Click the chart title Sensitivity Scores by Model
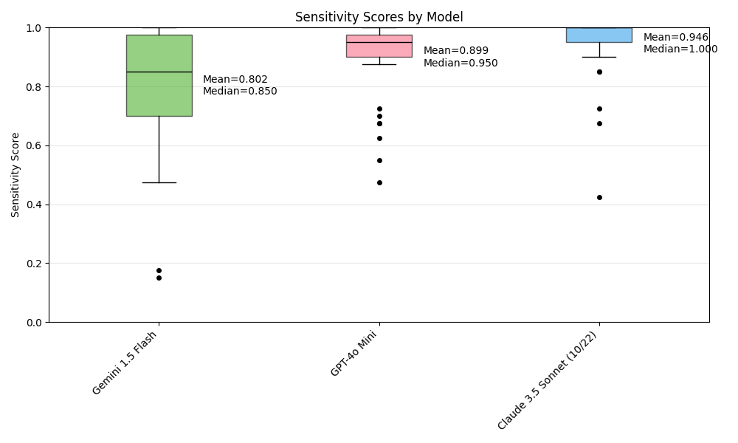tap(379, 17)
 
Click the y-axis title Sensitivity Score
tap(15, 174)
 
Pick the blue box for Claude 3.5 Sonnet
tap(599, 35)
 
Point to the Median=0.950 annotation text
tap(461, 63)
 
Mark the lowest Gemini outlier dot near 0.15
tap(159, 278)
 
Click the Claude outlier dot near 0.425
tap(599, 197)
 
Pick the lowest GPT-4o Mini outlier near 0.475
tap(379, 182)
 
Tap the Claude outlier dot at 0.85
tap(599, 72)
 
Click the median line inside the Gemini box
tap(159, 72)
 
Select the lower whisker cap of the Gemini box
tap(159, 182)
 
